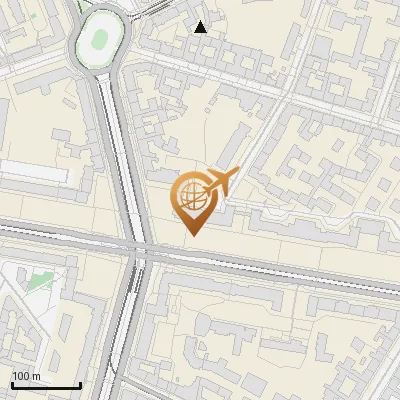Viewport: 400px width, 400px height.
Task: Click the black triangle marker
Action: click(201, 28)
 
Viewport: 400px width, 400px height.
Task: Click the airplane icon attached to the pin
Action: click(219, 184)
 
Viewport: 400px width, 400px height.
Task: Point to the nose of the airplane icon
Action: click(236, 173)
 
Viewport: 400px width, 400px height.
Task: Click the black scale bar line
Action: click(45, 385)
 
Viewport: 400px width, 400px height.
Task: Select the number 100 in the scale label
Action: click(20, 376)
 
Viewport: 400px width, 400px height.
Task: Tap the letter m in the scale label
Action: click(35, 376)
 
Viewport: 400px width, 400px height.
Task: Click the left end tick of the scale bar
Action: click(11, 383)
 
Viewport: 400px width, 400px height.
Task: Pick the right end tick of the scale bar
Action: click(80, 383)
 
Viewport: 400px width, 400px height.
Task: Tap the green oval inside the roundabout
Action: click(100, 39)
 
